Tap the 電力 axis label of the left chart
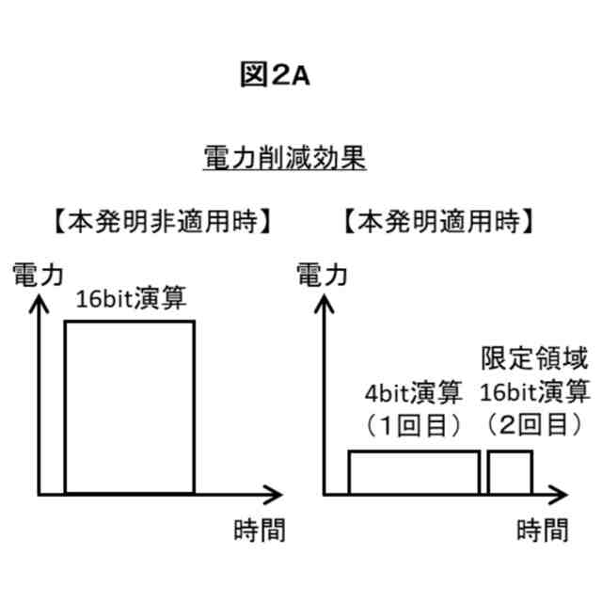point(37,275)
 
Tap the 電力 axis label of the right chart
point(322,275)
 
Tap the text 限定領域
point(534,358)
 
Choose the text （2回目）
point(534,425)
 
